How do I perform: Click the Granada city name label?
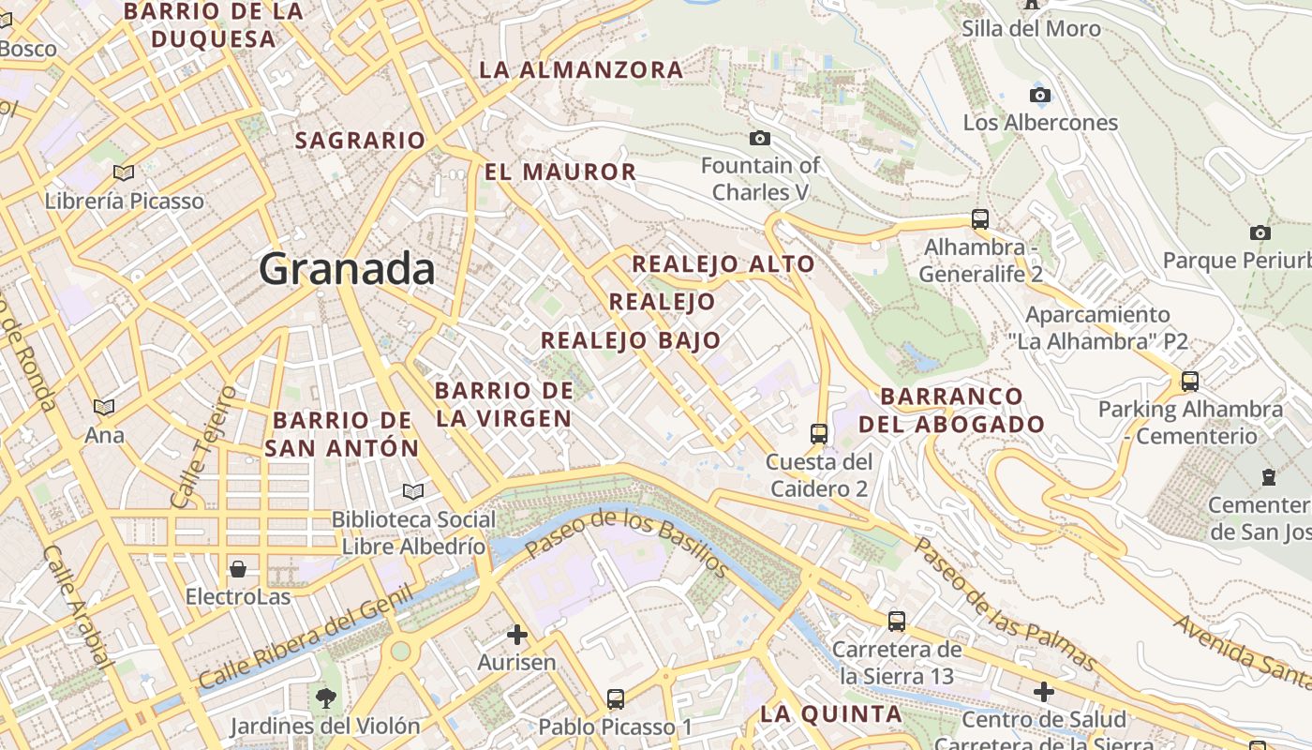point(347,269)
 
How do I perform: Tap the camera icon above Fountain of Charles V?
point(760,139)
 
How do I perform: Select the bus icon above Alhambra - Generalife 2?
point(980,219)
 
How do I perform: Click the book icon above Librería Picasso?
point(124,172)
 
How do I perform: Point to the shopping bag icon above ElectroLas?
point(238,569)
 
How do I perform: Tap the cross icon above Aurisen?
point(516,636)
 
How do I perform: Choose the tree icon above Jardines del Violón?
point(326,698)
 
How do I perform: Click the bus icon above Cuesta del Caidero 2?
point(819,433)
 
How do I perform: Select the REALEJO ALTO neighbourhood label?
point(723,264)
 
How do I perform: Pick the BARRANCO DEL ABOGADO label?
point(951,410)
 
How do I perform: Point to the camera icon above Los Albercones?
point(1040,96)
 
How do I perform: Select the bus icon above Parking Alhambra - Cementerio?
point(1190,382)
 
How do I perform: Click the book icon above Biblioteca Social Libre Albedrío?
point(413,491)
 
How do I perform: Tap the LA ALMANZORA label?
point(581,70)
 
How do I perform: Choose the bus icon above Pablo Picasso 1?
point(616,699)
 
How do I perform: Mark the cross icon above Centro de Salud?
point(1044,693)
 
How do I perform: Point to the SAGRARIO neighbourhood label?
point(361,141)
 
